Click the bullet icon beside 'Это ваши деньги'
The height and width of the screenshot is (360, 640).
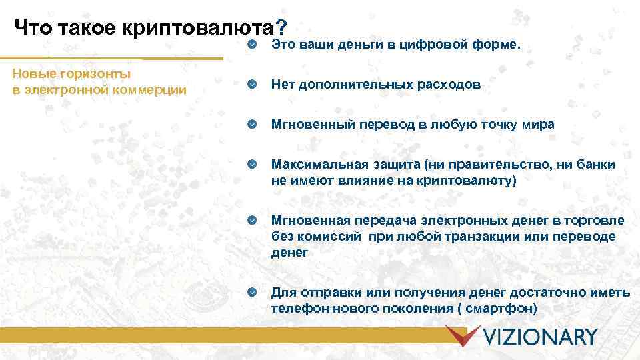pos(251,44)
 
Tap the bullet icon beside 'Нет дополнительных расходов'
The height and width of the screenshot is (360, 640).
pos(251,85)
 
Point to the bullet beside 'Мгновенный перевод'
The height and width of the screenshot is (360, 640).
pos(251,125)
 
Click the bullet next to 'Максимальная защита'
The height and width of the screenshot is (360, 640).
pos(251,165)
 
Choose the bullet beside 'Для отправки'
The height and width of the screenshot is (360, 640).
pos(251,293)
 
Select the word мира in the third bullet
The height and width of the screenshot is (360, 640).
pos(539,125)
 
